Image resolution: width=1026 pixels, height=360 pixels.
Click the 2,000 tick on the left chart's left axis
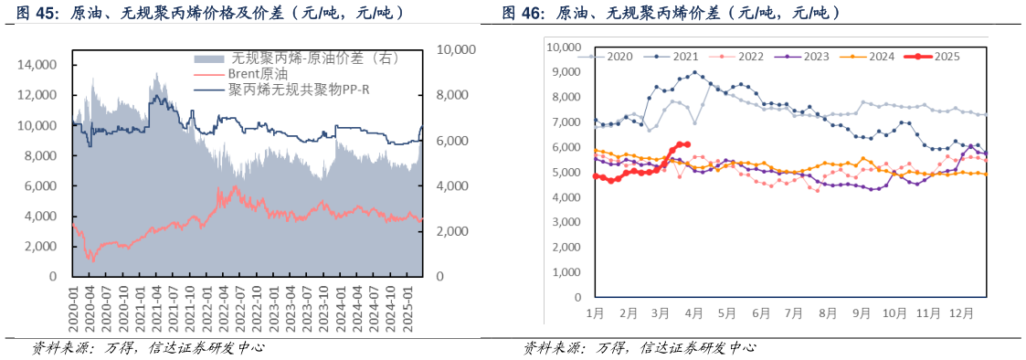click(41, 247)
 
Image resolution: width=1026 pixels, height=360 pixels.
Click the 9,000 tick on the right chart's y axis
click(563, 72)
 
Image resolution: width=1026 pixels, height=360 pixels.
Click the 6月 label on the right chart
click(761, 312)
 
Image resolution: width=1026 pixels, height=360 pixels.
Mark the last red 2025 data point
click(687, 144)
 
